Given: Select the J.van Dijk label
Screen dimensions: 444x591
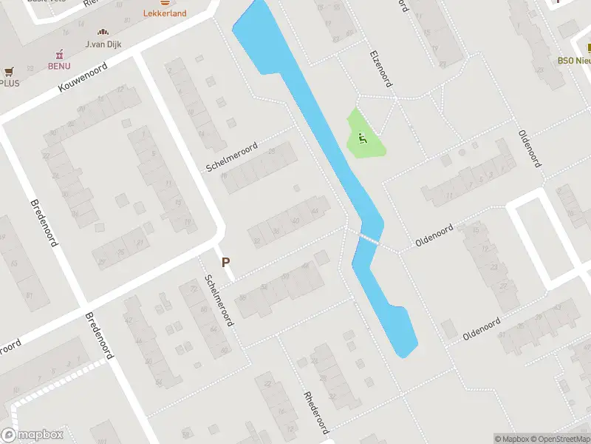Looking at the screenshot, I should pyautogui.click(x=103, y=44).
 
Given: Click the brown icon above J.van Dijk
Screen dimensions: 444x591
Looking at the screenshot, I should pyautogui.click(x=103, y=32).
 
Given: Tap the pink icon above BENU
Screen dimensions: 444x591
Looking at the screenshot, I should pyautogui.click(x=59, y=54).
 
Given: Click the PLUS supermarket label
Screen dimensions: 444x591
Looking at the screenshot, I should pyautogui.click(x=10, y=83).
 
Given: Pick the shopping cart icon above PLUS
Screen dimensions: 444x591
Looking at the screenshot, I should pyautogui.click(x=9, y=72).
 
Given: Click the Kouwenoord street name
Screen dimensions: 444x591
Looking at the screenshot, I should pyautogui.click(x=83, y=77).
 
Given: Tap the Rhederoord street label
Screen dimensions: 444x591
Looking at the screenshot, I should pyautogui.click(x=315, y=412).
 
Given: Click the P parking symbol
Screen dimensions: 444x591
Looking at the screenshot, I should pyautogui.click(x=225, y=262).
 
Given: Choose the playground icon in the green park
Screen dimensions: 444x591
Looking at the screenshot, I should pyautogui.click(x=362, y=137).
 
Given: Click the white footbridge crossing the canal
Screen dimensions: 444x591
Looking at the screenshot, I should pyautogui.click(x=369, y=239).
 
